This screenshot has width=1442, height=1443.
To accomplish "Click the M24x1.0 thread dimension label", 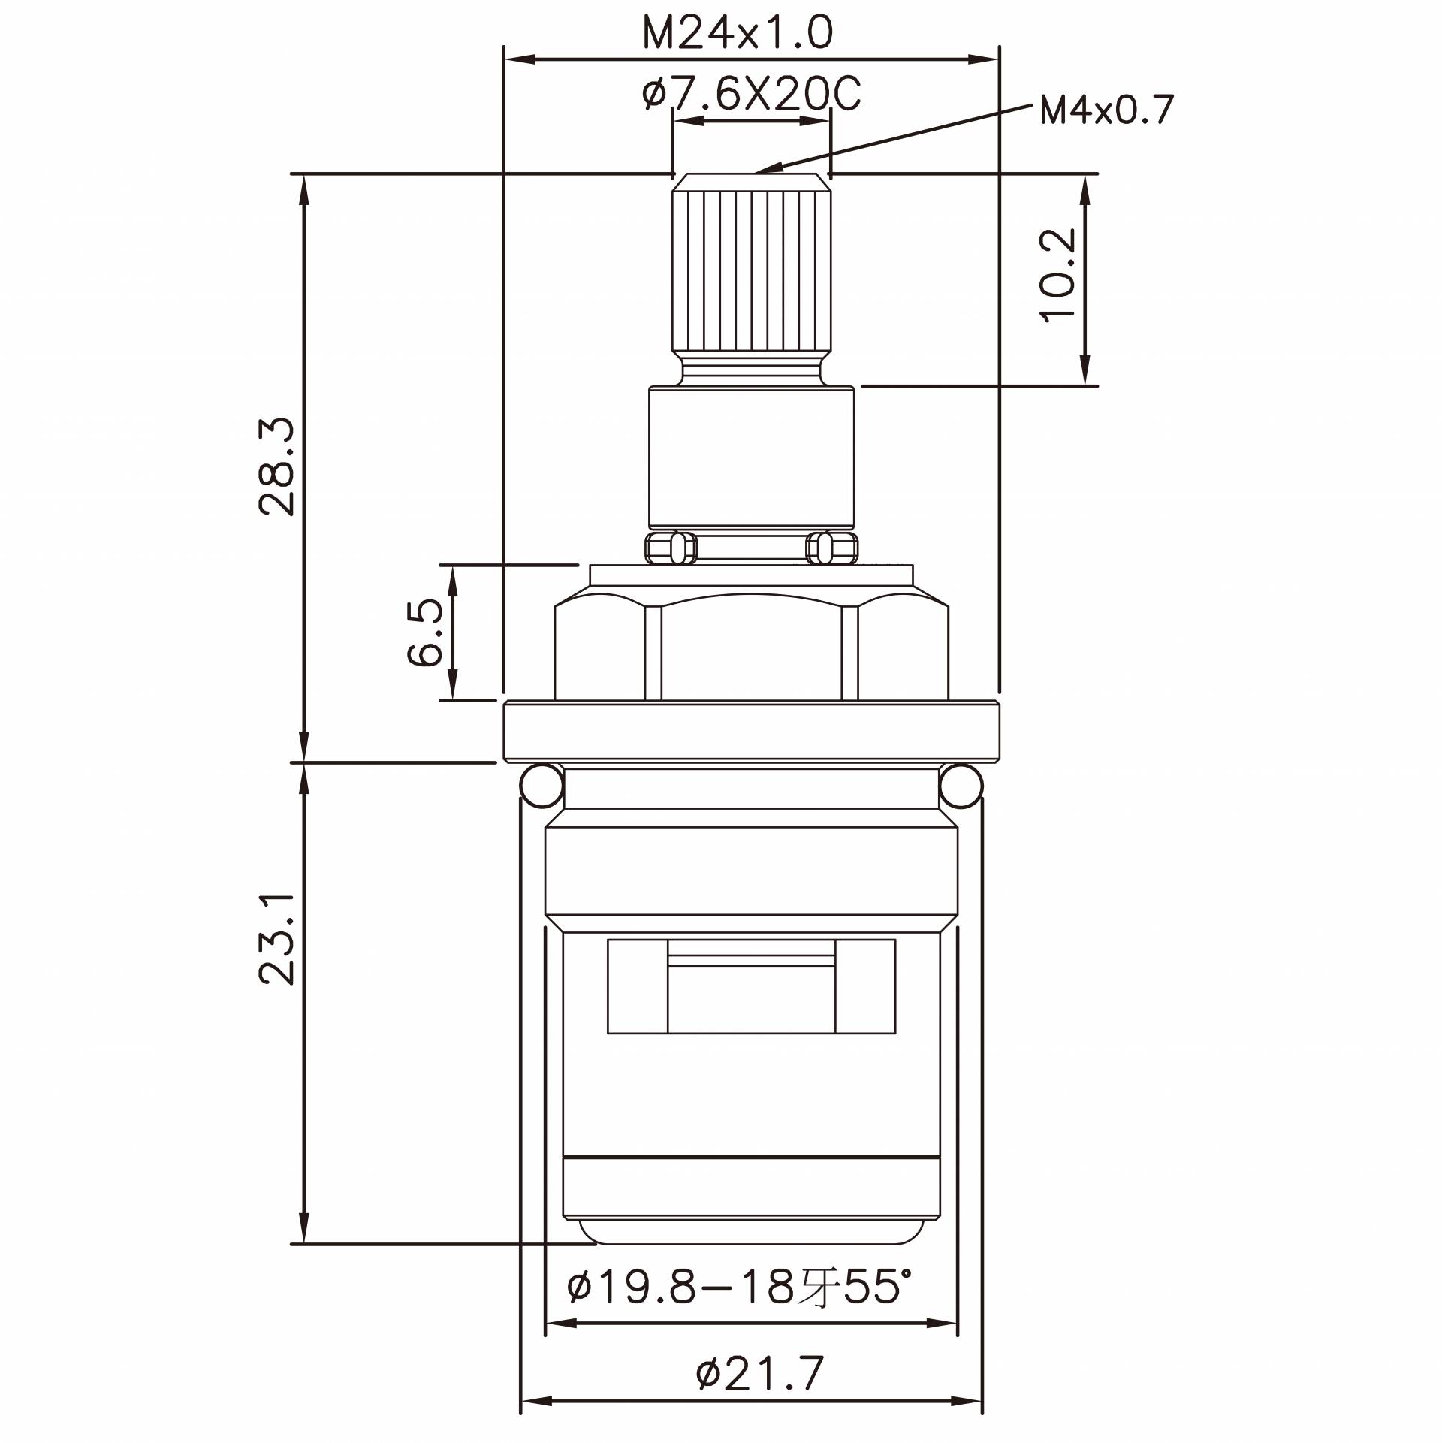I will tap(738, 33).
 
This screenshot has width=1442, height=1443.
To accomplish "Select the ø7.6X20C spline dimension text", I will tap(751, 95).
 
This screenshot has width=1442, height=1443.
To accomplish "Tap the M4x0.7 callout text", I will tap(1106, 111).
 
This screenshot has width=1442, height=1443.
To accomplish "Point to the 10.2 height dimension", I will tap(1059, 275).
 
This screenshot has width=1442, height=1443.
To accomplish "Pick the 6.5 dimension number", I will tap(426, 632).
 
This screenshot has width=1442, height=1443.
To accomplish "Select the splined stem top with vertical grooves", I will tap(751, 270).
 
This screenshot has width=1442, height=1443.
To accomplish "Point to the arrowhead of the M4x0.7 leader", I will tap(760, 171).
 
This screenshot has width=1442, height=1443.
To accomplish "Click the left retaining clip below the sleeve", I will tap(670, 548).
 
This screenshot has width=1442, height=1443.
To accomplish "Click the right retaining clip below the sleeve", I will tap(831, 548).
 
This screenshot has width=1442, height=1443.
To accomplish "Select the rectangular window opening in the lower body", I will tap(751, 986).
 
